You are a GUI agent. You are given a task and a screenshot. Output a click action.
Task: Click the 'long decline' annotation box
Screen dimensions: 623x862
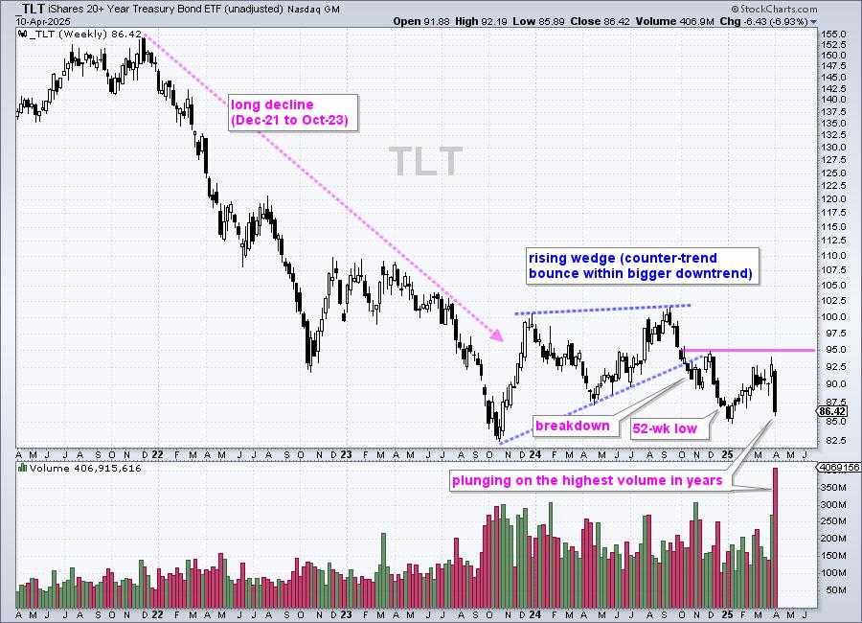point(290,112)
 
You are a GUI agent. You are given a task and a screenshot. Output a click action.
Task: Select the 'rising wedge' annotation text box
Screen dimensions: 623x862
point(640,265)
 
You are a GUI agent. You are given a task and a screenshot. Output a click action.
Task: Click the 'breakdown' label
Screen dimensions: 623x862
point(572,424)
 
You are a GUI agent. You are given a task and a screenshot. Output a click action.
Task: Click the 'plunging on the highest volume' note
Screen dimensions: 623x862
point(587,481)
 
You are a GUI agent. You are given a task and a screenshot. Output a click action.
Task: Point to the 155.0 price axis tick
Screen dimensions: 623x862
point(831,34)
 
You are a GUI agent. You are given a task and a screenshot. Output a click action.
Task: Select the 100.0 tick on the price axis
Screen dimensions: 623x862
point(831,316)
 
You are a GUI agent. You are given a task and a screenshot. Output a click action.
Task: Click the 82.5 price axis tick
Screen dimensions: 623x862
point(831,440)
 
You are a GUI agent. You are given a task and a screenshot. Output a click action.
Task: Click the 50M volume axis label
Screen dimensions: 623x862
point(833,589)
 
